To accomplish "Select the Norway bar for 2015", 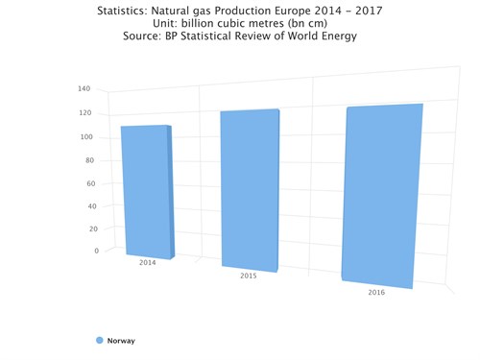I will (250, 190).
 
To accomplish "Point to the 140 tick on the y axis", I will (84, 89).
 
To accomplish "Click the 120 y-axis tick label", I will (84, 113).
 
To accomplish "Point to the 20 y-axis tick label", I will (94, 228).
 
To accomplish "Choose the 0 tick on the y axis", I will (96, 251).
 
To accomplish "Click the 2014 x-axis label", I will (147, 262).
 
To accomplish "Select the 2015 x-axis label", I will (248, 276).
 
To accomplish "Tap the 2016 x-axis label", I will (376, 292).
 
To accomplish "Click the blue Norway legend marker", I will (99, 341).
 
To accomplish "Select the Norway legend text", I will (121, 341).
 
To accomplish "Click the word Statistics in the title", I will (131, 12).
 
